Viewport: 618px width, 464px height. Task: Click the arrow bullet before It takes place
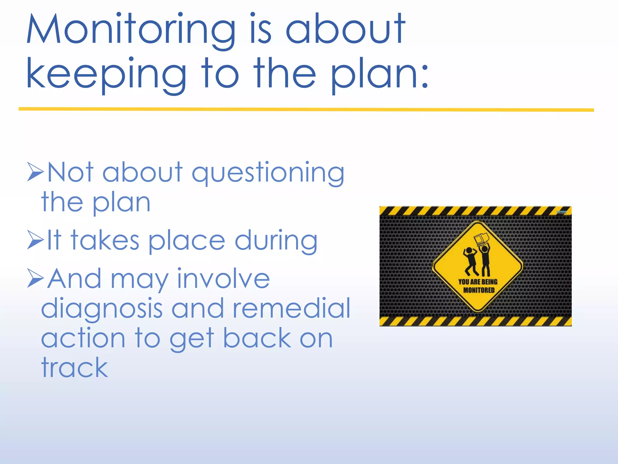tap(36, 240)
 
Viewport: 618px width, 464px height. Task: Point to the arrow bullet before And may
tap(36, 278)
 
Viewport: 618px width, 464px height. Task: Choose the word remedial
tap(291, 308)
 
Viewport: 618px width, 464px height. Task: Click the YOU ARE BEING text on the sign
tap(478, 282)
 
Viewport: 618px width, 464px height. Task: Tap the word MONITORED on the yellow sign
tap(479, 290)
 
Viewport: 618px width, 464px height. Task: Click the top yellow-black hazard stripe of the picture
tap(475, 211)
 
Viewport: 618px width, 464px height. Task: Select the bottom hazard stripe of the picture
tap(475, 321)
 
